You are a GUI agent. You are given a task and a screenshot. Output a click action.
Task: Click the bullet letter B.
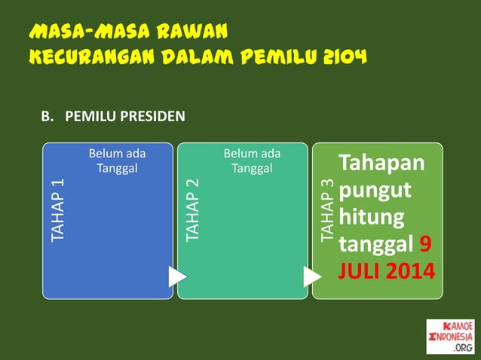click(46, 117)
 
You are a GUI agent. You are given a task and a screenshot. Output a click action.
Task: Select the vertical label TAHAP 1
click(58, 212)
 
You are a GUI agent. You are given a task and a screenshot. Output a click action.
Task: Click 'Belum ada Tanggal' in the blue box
click(117, 160)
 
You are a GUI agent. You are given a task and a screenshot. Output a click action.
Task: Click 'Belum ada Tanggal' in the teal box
click(252, 160)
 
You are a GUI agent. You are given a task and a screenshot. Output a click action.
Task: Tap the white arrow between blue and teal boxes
click(177, 276)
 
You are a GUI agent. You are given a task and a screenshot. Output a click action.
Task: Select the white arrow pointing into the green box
click(311, 276)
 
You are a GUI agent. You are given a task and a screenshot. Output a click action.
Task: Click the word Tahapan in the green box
click(381, 163)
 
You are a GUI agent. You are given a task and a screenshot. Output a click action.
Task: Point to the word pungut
click(375, 191)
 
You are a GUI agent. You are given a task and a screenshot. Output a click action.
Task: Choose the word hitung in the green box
click(372, 218)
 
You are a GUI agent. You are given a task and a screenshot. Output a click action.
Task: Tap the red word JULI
click(360, 270)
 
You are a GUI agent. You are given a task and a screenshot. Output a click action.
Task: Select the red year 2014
click(411, 270)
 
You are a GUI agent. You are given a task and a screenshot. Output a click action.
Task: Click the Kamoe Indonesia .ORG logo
click(450, 336)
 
